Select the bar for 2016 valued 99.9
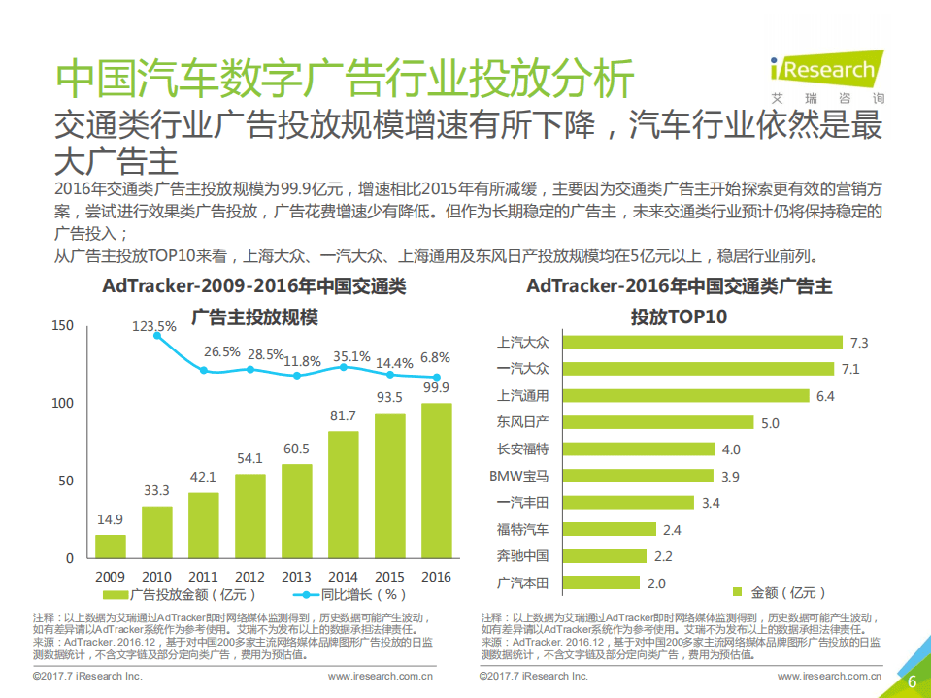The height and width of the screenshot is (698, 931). pyautogui.click(x=436, y=481)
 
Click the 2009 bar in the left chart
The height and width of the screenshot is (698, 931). pyautogui.click(x=110, y=547)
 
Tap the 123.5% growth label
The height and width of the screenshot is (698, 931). pyautogui.click(x=154, y=326)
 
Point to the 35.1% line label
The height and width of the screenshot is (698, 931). pyautogui.click(x=351, y=356)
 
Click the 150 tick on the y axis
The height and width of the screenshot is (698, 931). pyautogui.click(x=62, y=326)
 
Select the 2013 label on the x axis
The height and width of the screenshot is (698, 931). pyautogui.click(x=296, y=576)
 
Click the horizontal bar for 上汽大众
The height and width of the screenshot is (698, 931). pyautogui.click(x=702, y=342)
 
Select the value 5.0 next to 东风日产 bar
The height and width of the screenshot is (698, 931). pyautogui.click(x=770, y=422)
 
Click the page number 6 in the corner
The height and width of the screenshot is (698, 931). pyautogui.click(x=912, y=681)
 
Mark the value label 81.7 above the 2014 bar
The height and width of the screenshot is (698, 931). pyautogui.click(x=343, y=415)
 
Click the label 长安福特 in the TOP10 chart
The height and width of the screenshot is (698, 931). pyautogui.click(x=522, y=449)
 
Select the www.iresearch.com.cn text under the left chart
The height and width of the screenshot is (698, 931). pyautogui.click(x=381, y=676)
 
